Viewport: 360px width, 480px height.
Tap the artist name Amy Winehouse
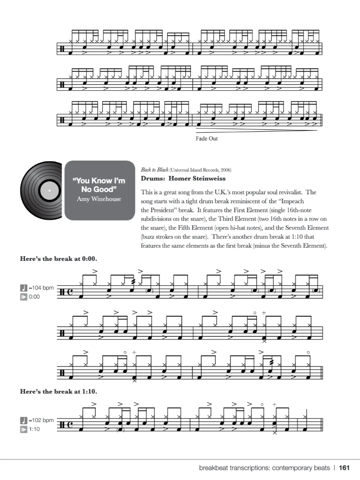tap(99, 199)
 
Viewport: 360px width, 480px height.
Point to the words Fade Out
tap(207, 139)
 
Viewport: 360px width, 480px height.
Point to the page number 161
tap(344, 468)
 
